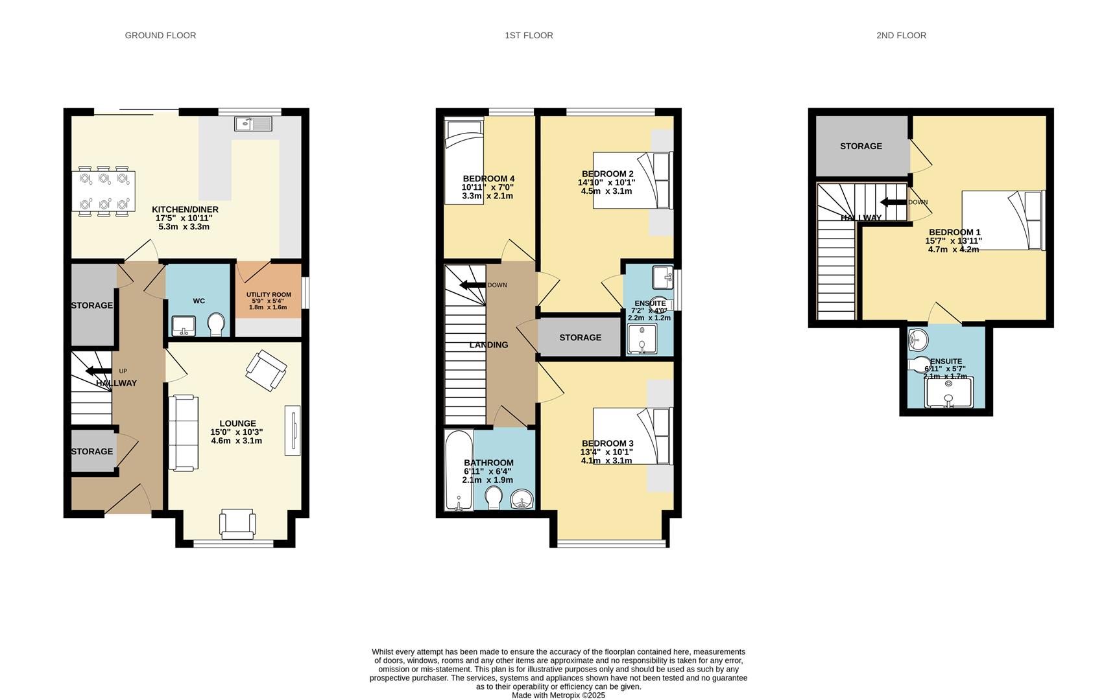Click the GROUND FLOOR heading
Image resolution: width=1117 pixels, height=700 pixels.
(x=160, y=36)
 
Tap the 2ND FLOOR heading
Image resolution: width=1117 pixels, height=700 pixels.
(x=901, y=36)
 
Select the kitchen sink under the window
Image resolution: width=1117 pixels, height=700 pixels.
(x=255, y=123)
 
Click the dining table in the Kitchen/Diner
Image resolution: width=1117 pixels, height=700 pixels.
(x=104, y=191)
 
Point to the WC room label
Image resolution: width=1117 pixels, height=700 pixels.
(x=198, y=301)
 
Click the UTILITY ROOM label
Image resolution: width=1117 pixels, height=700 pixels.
(x=269, y=295)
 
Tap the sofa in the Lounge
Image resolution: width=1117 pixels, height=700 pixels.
(x=183, y=432)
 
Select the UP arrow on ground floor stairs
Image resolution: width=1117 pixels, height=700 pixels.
(x=98, y=371)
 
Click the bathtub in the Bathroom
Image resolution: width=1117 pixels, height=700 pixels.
(x=459, y=470)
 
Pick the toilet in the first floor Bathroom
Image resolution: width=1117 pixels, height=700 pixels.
(x=493, y=498)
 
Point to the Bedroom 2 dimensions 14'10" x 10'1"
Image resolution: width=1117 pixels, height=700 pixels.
(x=607, y=183)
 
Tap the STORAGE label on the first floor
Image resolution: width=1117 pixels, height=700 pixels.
(x=580, y=338)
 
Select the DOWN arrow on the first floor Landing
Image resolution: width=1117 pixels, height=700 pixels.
(x=473, y=285)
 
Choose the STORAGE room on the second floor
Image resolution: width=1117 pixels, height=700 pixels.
(x=861, y=146)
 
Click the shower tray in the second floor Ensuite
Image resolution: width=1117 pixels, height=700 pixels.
(x=948, y=393)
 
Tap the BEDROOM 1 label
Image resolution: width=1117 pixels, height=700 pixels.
(x=954, y=232)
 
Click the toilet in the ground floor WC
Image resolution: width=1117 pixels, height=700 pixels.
(x=216, y=325)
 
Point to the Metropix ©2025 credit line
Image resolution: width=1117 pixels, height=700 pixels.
(x=558, y=695)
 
